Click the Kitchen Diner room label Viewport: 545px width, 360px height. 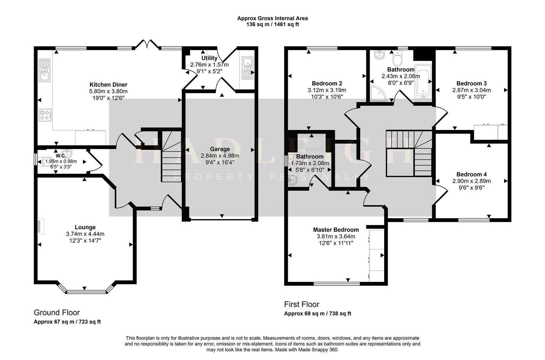pyautogui.click(x=108, y=85)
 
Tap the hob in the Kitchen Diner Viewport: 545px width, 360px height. pyautogui.click(x=45, y=115)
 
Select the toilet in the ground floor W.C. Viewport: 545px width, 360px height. pyautogui.click(x=44, y=161)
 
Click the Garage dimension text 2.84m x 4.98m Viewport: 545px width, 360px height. pyautogui.click(x=220, y=156)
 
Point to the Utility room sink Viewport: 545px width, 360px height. pyautogui.click(x=248, y=69)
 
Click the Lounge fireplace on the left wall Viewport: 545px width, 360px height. pyautogui.click(x=40, y=227)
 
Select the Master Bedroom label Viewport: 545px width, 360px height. pyautogui.click(x=336, y=230)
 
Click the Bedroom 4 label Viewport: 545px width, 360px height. pyautogui.click(x=471, y=174)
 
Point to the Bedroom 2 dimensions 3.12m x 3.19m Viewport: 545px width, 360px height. pyautogui.click(x=327, y=90)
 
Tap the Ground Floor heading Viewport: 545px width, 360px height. pyautogui.click(x=57, y=312)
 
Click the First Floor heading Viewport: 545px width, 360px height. pyautogui.click(x=301, y=304)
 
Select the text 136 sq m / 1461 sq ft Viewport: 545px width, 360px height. pyautogui.click(x=272, y=24)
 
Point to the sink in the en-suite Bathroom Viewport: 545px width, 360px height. pyautogui.click(x=293, y=180)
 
